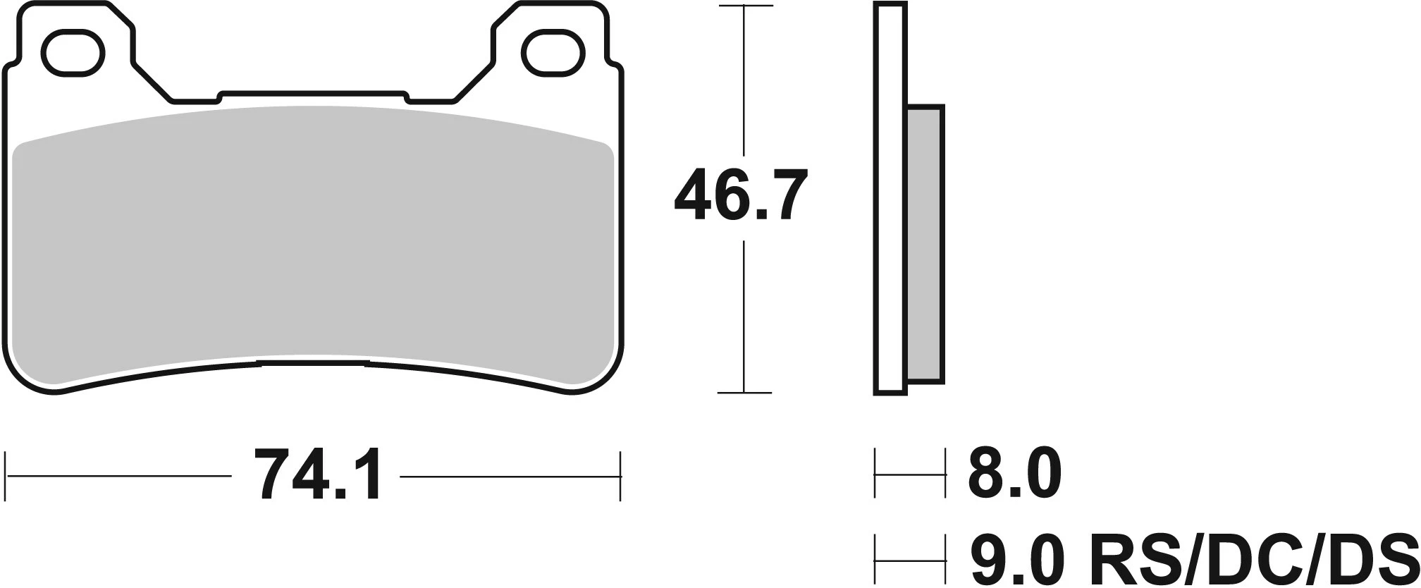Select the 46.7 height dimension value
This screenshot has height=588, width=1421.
[x=739, y=195]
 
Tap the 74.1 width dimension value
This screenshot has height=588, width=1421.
[x=317, y=476]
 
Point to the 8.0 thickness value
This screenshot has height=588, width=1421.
[x=1014, y=475]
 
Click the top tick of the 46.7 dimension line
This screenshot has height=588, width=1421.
[x=744, y=6]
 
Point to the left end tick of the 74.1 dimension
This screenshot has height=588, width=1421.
[x=6, y=477]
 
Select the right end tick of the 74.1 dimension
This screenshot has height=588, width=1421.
[x=620, y=477]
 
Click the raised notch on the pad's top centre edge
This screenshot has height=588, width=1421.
[x=314, y=94]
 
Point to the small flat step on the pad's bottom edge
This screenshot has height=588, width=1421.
[x=313, y=363]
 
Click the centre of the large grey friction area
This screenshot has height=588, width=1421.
[x=314, y=240]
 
